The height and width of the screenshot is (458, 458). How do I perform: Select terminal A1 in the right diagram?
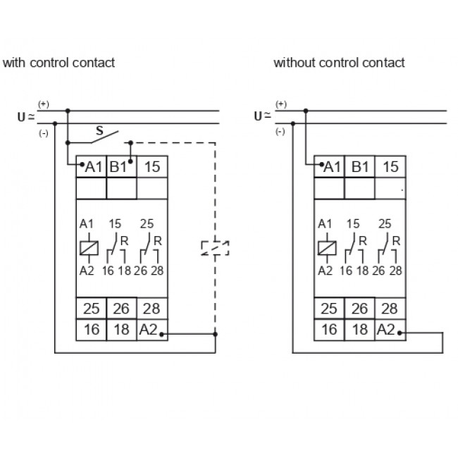click(x=330, y=167)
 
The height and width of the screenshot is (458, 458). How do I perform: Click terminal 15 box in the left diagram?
click(x=151, y=167)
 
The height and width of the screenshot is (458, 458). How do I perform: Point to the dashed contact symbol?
click(x=215, y=247)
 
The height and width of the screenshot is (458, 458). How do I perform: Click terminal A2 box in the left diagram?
click(x=151, y=329)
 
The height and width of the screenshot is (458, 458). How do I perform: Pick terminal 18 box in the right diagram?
click(x=359, y=329)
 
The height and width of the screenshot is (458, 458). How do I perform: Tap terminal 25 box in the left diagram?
click(x=92, y=309)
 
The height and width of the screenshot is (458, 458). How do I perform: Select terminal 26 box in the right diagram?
click(x=359, y=309)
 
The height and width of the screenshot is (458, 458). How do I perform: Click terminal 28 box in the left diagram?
click(x=151, y=309)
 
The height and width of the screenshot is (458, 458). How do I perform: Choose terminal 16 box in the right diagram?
click(x=329, y=329)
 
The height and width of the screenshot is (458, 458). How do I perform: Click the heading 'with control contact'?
click(x=58, y=63)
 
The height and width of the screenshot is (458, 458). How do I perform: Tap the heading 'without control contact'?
click(x=339, y=63)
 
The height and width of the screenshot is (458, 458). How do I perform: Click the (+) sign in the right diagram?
click(x=281, y=104)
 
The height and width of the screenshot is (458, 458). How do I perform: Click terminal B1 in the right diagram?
click(x=359, y=167)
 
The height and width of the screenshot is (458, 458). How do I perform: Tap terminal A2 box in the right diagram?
click(x=389, y=329)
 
